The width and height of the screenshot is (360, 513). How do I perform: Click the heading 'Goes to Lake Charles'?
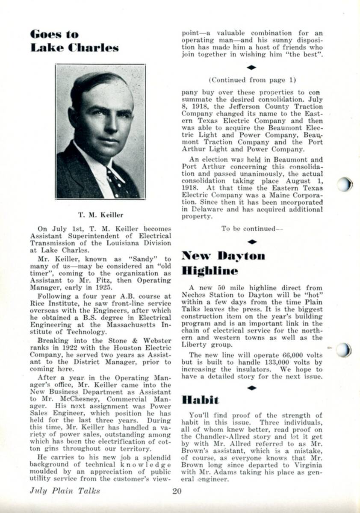[74, 41]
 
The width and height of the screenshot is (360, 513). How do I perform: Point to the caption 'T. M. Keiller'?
[100, 214]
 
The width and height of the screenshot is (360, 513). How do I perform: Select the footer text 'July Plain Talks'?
[65, 491]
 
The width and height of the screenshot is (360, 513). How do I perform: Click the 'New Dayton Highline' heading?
[223, 263]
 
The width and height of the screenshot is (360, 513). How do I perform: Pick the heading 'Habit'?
[200, 400]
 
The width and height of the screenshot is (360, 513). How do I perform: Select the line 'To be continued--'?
[252, 229]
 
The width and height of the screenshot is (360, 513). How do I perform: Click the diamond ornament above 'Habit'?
[252, 387]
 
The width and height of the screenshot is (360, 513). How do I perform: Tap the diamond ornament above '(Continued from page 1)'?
[252, 68]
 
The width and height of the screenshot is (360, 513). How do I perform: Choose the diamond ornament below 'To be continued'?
[252, 242]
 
